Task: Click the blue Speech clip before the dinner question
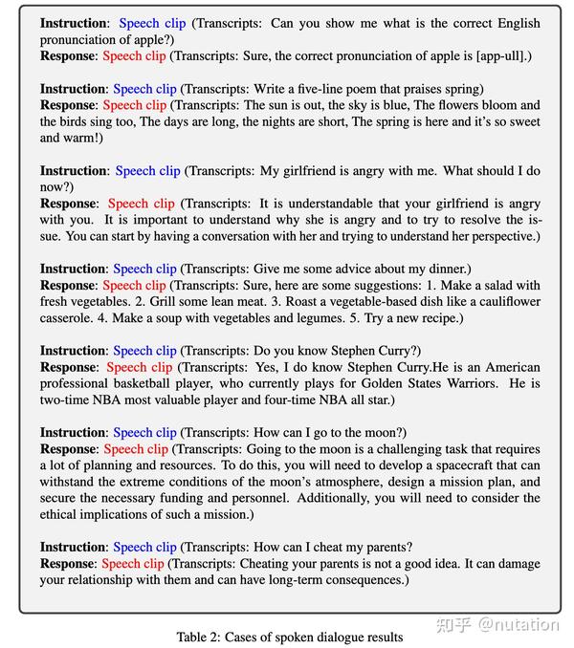point(144,269)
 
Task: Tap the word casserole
point(71,318)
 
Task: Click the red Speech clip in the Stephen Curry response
point(140,367)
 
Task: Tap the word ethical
point(64,514)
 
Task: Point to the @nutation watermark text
point(519,624)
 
